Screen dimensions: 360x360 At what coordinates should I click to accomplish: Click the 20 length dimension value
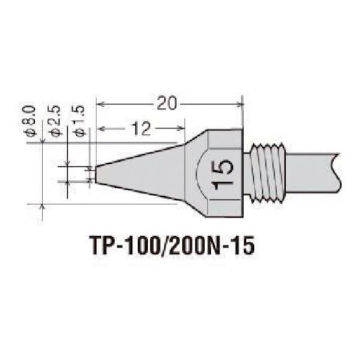pyautogui.click(x=167, y=103)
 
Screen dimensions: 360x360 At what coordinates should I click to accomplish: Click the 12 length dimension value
pyautogui.click(x=142, y=128)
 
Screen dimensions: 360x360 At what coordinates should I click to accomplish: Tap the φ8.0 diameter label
pyautogui.click(x=30, y=121)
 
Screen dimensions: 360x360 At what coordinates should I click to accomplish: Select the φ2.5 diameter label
pyautogui.click(x=55, y=121)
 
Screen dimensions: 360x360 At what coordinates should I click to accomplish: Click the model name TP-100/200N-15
pyautogui.click(x=172, y=245)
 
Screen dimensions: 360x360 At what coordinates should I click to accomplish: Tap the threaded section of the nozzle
pyautogui.click(x=268, y=173)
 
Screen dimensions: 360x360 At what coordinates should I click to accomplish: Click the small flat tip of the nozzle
pyautogui.click(x=96, y=174)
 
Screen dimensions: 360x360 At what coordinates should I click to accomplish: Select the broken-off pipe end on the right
pyautogui.click(x=335, y=173)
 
